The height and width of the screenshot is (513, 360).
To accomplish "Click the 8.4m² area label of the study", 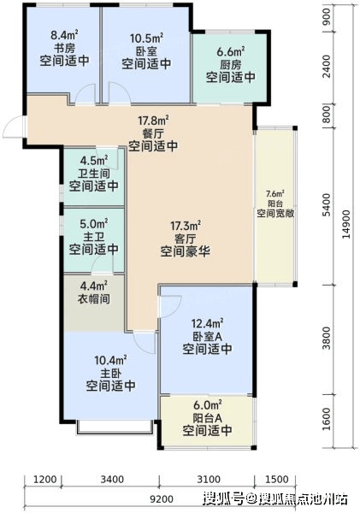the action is [x=64, y=35].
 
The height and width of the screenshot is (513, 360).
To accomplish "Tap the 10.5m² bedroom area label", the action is [x=146, y=38].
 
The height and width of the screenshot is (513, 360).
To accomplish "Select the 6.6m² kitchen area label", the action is [x=231, y=51].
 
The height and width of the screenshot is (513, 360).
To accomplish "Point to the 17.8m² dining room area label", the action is [x=153, y=120].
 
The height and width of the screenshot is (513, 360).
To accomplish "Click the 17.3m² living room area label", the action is [x=186, y=226].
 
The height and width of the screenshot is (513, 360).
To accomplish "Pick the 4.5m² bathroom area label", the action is [x=94, y=161].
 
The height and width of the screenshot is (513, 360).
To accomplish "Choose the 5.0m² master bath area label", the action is [x=94, y=224].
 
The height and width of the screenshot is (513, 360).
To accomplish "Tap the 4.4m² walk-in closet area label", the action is [x=94, y=286].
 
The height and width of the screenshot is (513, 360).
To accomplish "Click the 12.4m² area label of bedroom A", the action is [x=207, y=323].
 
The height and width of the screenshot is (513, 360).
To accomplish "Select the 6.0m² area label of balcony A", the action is [x=208, y=405].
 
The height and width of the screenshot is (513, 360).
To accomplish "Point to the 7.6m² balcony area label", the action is [x=275, y=193].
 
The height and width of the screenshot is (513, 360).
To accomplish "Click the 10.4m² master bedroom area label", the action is [x=110, y=361].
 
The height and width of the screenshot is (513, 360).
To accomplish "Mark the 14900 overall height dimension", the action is [x=345, y=224].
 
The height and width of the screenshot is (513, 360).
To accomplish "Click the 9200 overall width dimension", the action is [x=162, y=499].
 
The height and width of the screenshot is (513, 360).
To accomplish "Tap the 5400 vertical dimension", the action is [x=326, y=206].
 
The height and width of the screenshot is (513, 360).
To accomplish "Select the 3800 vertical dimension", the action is [x=326, y=338].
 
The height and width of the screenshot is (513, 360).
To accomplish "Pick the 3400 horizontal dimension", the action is [x=112, y=480].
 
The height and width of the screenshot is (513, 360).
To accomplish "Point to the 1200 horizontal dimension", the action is [x=45, y=480].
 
